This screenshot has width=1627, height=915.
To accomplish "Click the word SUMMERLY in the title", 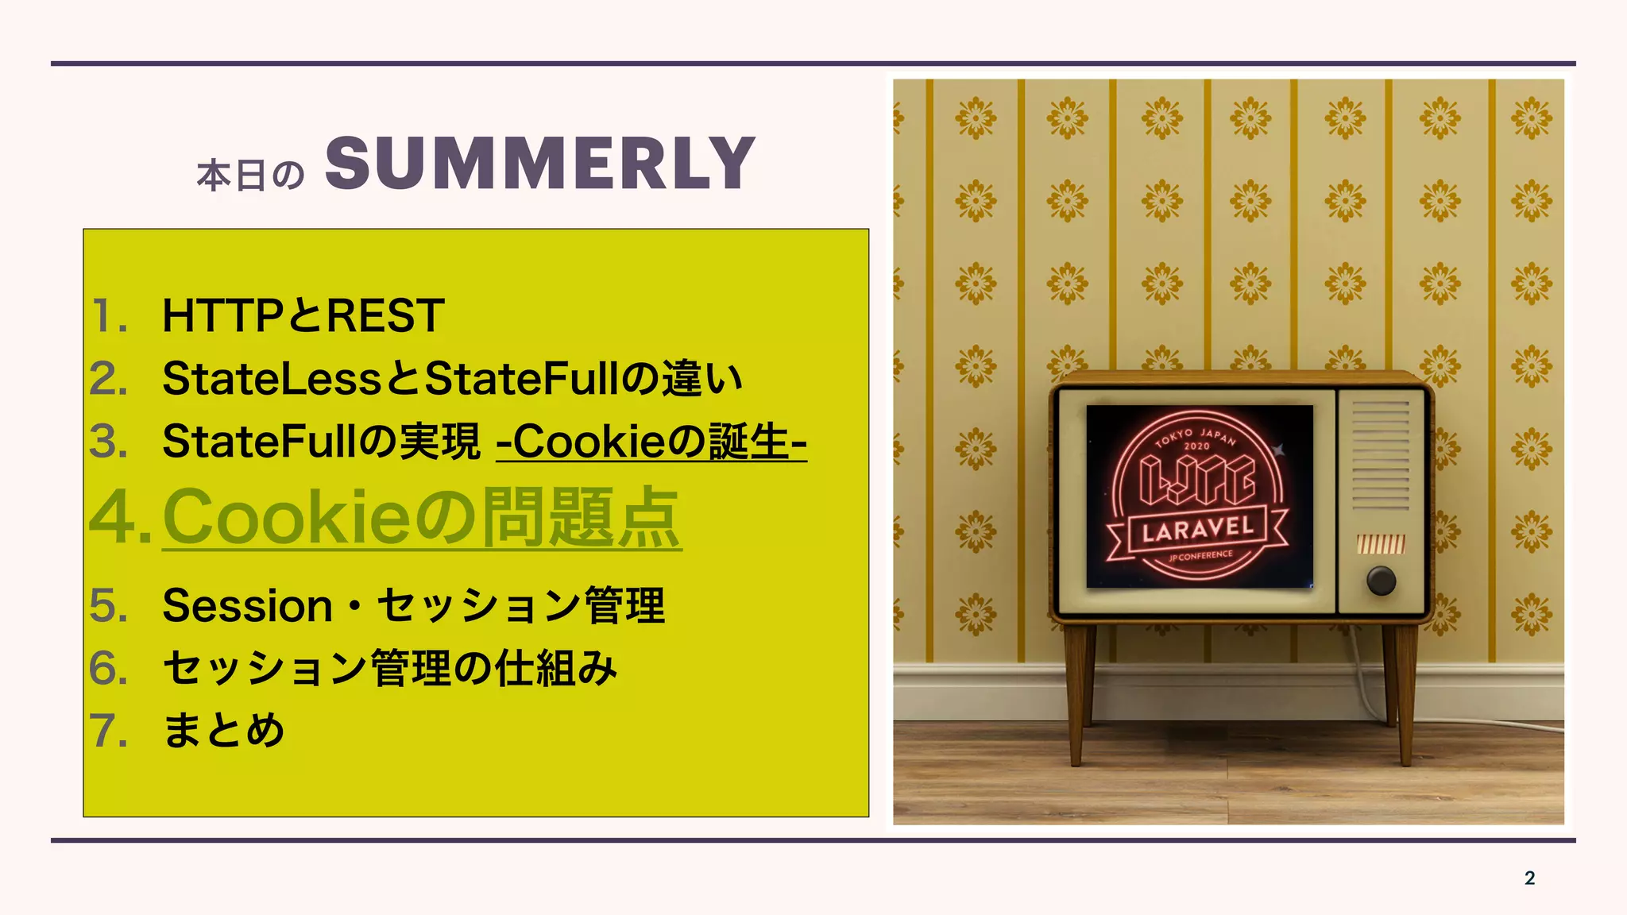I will [539, 164].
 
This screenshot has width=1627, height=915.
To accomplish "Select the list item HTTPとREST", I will [303, 315].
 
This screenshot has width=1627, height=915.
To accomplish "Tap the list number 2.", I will [107, 379].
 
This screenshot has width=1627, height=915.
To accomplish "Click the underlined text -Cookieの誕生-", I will [651, 442].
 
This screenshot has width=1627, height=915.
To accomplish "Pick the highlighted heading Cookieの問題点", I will [422, 517].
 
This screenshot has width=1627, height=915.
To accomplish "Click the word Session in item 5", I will [247, 606].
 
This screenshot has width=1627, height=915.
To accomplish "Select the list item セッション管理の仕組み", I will [389, 668].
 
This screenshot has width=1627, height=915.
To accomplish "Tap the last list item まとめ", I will [223, 731].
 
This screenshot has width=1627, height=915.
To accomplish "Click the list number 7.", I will [106, 731].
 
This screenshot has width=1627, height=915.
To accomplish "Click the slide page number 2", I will [1529, 878].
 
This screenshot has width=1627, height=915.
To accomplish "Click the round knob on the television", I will [1381, 581].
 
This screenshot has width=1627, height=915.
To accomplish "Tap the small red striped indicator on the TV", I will [1381, 544].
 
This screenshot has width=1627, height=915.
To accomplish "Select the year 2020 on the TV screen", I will [1196, 446].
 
